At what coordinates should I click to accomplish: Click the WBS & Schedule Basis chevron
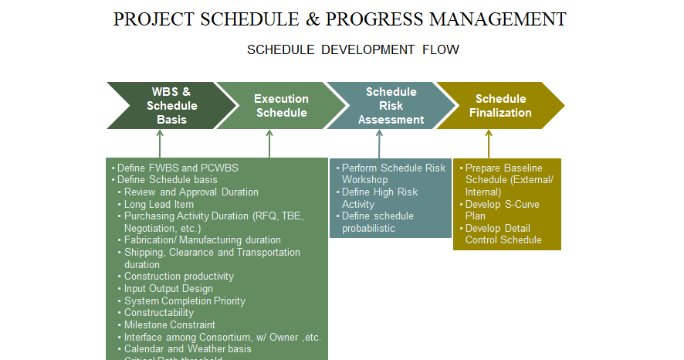(171, 106)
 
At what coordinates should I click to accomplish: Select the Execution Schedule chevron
(280, 106)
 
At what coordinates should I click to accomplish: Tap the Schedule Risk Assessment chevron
(391, 106)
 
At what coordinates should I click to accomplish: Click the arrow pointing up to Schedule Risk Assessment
(379, 144)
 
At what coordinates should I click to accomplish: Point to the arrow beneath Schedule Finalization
(489, 144)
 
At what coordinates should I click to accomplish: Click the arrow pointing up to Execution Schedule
(269, 144)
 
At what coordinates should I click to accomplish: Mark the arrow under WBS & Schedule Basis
(160, 144)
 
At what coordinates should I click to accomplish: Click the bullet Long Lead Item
(159, 205)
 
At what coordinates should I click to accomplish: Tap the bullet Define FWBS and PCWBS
(178, 168)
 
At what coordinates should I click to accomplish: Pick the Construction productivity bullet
(179, 277)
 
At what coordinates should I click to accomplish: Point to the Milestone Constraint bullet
(170, 325)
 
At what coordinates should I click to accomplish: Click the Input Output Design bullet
(168, 289)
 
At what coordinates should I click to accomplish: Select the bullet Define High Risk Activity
(380, 199)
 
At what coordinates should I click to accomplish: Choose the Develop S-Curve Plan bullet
(502, 210)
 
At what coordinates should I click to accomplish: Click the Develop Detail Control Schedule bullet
(503, 234)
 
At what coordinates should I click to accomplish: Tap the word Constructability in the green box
(159, 313)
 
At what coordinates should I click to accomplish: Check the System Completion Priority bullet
(185, 301)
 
